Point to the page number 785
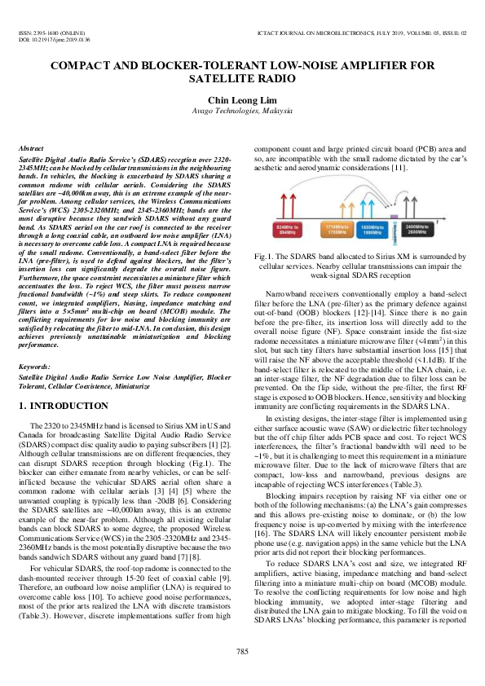coord(242,649)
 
